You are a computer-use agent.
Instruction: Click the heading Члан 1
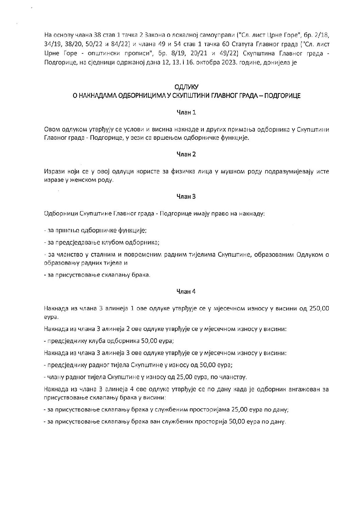click(x=186, y=112)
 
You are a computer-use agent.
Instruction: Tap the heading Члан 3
click(x=186, y=196)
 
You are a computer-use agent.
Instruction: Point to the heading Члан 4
click(x=186, y=291)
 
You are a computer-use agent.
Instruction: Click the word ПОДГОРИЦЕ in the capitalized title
click(x=285, y=96)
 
